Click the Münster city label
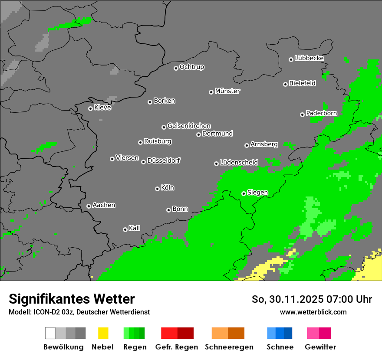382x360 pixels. click(x=227, y=91)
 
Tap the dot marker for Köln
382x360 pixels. click(x=157, y=189)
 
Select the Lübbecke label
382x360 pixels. click(x=309, y=58)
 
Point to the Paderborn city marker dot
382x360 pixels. click(x=302, y=115)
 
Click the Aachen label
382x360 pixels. click(x=104, y=205)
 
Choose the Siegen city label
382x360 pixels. click(x=257, y=193)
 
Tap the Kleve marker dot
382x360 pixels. click(x=90, y=108)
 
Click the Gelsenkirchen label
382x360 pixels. click(x=189, y=126)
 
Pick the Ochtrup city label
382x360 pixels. click(x=191, y=67)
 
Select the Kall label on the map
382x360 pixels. click(x=134, y=228)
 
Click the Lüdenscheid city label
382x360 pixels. click(x=239, y=162)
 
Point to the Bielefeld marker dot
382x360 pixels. click(x=285, y=84)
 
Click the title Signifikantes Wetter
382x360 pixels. click(x=72, y=299)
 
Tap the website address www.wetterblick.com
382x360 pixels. click(x=313, y=312)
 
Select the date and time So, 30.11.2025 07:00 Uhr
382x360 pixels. click(x=312, y=299)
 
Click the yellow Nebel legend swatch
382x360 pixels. click(x=103, y=333)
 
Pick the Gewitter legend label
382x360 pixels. click(x=320, y=347)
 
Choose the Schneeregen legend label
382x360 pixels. click(x=228, y=347)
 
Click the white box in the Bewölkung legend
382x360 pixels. click(x=50, y=333)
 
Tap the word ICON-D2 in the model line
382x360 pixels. click(x=43, y=312)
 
